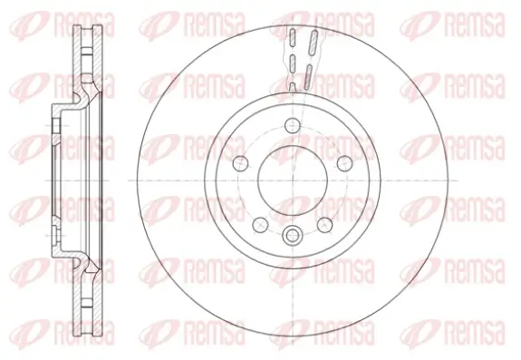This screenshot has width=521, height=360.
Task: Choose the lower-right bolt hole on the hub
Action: coord(326,220)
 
